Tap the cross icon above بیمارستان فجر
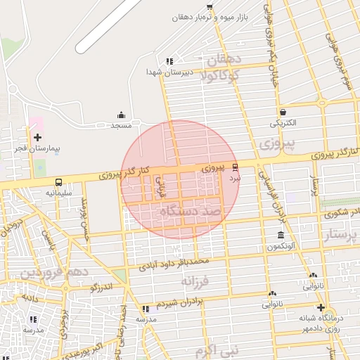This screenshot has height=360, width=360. coord(37,137)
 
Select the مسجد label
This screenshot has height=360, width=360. coord(121,125)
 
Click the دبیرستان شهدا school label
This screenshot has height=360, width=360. coord(165,72)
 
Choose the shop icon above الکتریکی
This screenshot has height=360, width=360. coord(283,112)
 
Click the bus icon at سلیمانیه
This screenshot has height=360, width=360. coord(58,181)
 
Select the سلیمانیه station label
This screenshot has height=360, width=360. coord(59,192)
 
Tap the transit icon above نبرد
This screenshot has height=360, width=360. coord(235,167)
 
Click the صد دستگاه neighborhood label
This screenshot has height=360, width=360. coord(191,210)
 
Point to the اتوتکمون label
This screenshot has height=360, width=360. coord(281,246)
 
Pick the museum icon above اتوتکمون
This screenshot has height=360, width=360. coord(281,235)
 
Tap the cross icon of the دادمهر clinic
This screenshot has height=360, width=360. coord(321,308)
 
